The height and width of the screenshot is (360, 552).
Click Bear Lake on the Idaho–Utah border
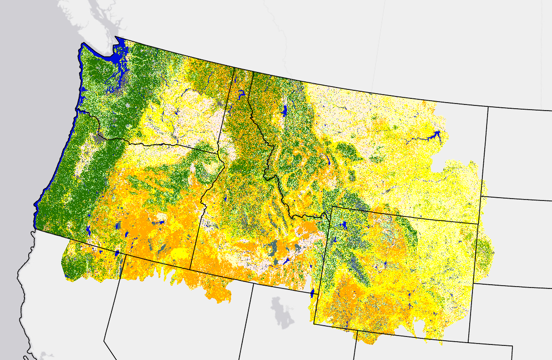click(312, 293)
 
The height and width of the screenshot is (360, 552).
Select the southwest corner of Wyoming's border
click(314, 323)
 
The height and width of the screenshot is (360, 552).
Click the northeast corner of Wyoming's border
click(479, 224)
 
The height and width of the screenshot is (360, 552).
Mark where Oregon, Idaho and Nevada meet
click(190, 269)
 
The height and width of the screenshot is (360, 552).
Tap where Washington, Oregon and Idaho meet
click(218, 152)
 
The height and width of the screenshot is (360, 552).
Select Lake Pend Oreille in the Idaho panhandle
click(241, 94)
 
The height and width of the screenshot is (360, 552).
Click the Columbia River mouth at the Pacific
click(78, 112)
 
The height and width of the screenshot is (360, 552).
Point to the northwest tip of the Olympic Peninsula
click(82, 44)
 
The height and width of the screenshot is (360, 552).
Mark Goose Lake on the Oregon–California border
click(116, 253)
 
